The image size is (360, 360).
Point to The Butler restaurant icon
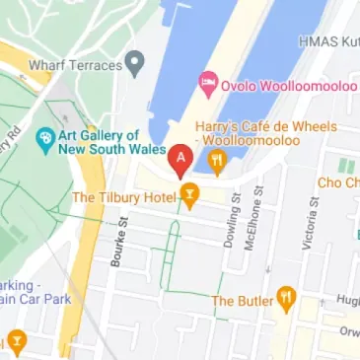286,295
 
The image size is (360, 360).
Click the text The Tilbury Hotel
123,197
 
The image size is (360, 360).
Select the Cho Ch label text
337,183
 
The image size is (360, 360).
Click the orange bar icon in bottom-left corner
16,342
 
